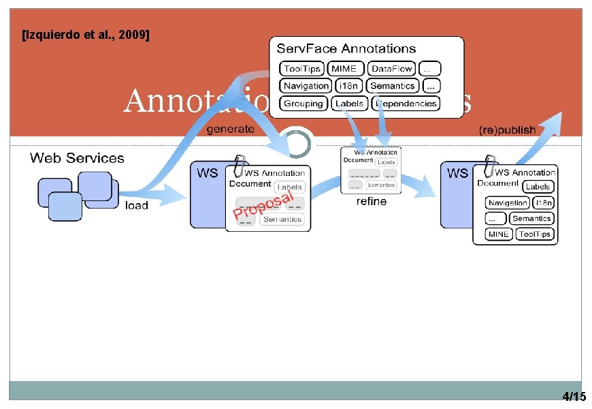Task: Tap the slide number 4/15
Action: pos(574,397)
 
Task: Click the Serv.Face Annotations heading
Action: pos(346,48)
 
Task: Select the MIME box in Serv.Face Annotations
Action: pos(344,69)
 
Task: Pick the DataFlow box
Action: pos(392,69)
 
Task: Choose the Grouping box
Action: pos(303,104)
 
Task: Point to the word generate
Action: pos(231,128)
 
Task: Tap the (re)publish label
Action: pos(507,130)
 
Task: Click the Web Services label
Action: pos(77,158)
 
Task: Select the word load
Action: pos(137,205)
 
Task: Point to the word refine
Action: pos(371,201)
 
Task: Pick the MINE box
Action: pos(498,234)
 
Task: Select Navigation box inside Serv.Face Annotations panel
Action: pos(306,86)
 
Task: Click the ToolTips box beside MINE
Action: pos(534,234)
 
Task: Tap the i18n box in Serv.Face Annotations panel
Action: pos(349,86)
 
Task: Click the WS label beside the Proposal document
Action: pos(208,173)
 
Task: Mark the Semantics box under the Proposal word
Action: pos(282,219)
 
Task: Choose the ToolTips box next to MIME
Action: pos(301,69)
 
